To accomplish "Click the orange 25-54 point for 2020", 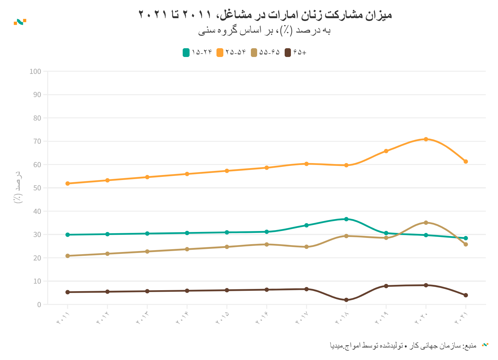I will click(x=426, y=139).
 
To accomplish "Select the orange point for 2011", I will click(x=68, y=183).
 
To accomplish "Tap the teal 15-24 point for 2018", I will click(x=346, y=219).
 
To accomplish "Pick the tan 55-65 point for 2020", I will click(x=426, y=223).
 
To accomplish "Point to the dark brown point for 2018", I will click(x=346, y=300).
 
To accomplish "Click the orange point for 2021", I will click(x=466, y=162).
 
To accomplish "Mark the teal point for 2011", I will click(x=68, y=235).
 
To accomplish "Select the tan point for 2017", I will click(x=307, y=247).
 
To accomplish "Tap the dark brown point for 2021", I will click(x=466, y=295).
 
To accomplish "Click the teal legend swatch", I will click(x=186, y=53).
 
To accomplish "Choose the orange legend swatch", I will click(x=220, y=53).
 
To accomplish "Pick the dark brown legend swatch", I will click(x=288, y=53).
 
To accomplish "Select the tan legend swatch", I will click(x=254, y=53).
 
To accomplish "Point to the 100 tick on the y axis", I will click(x=35, y=71).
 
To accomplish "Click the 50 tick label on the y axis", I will click(x=37, y=188).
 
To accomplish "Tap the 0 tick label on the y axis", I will click(x=39, y=305).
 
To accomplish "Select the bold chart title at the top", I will click(x=265, y=15).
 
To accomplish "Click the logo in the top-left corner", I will click(x=20, y=22).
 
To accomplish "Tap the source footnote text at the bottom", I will click(x=403, y=345).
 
